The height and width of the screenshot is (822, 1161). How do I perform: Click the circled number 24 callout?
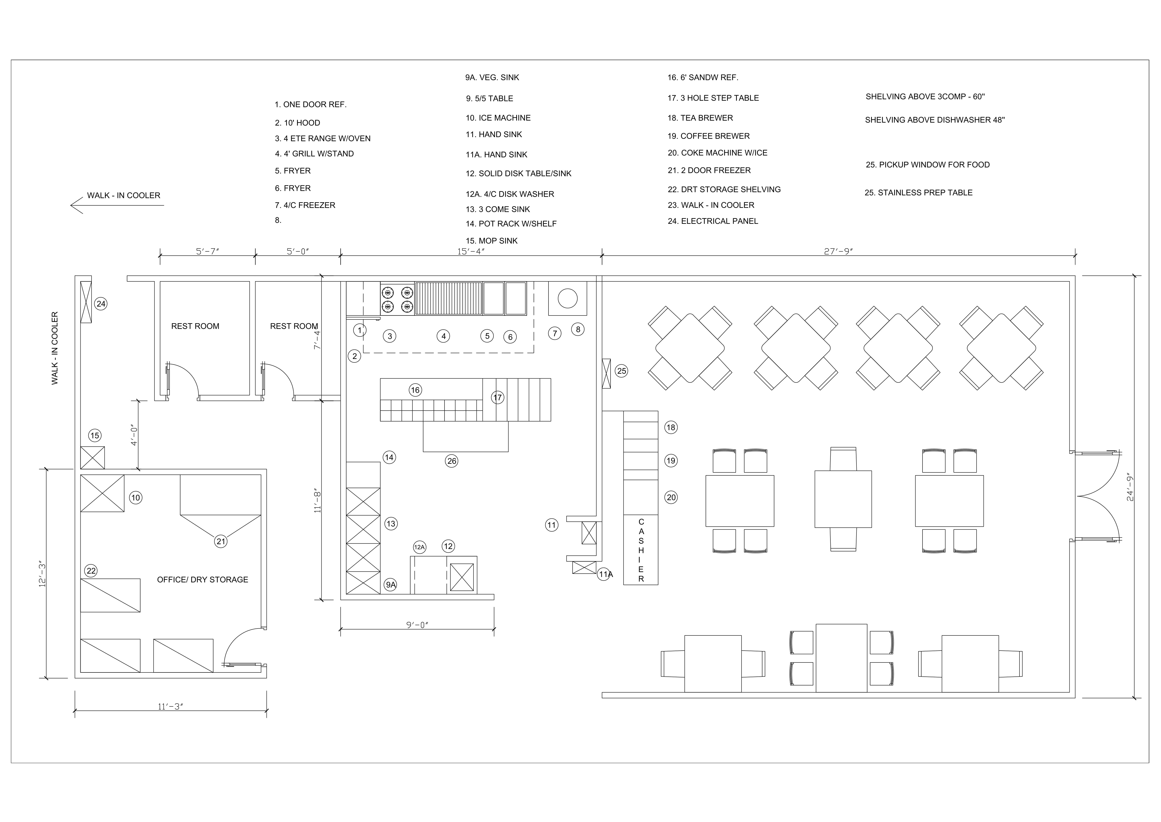[101, 304]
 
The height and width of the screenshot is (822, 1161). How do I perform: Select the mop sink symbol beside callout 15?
[93, 458]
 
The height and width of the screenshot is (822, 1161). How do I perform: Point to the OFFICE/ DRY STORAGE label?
[202, 580]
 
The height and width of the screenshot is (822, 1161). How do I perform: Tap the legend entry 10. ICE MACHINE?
[498, 118]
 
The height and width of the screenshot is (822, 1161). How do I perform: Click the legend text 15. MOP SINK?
[491, 241]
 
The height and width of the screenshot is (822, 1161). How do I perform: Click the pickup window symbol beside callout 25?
[606, 374]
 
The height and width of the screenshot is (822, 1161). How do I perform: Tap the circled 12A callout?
[419, 547]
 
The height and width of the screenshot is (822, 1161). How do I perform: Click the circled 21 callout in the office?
[221, 542]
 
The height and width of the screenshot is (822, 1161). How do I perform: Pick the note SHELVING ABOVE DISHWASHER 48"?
[934, 120]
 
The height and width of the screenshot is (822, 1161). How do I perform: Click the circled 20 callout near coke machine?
[671, 498]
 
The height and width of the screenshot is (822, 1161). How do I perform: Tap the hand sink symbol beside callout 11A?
[584, 567]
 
